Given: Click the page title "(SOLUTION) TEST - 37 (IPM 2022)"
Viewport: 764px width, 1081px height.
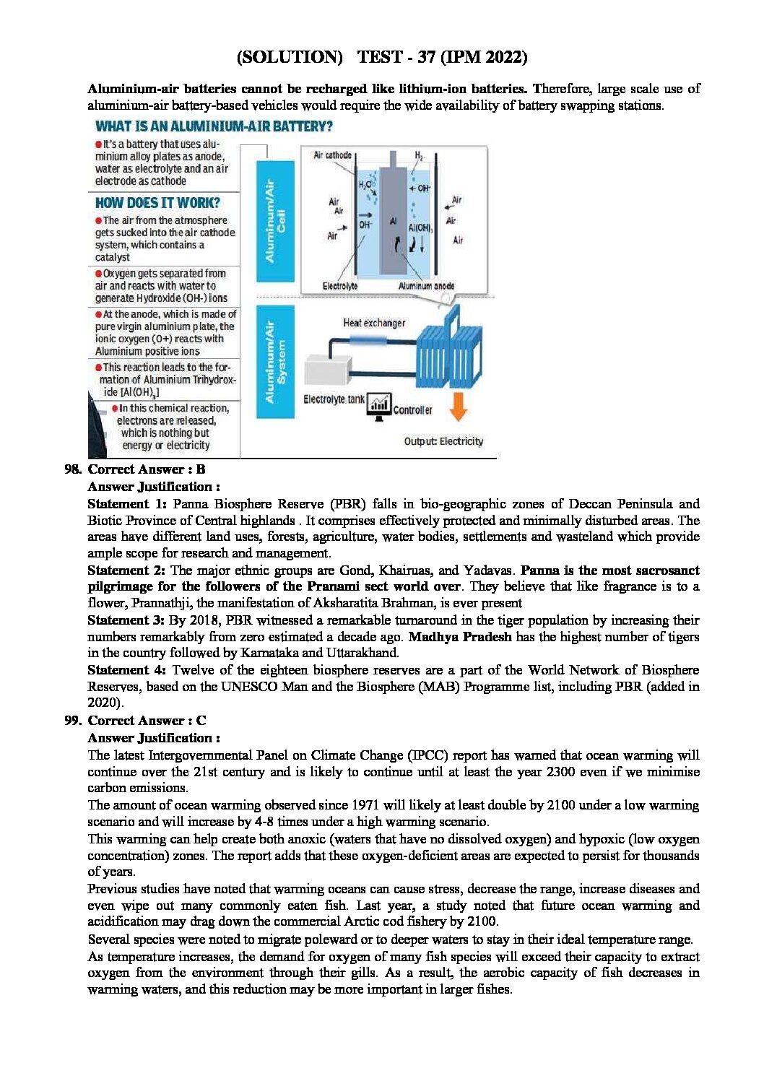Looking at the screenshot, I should [382, 57].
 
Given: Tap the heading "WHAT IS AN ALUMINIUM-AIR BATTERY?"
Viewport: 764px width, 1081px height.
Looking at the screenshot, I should [214, 126].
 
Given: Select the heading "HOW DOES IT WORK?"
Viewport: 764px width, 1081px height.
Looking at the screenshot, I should [157, 203].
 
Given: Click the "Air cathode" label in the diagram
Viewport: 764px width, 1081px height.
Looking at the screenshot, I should [332, 155].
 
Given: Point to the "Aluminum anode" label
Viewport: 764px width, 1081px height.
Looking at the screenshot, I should [426, 286].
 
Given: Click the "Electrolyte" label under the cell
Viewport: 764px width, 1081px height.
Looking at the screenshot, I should [339, 286].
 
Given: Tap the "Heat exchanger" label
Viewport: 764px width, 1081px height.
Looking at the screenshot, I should [374, 323].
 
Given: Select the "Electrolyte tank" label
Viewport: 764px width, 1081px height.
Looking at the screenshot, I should [334, 399].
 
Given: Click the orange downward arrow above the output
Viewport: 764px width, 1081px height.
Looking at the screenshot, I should [458, 406].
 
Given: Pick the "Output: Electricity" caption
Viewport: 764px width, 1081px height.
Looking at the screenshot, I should [443, 441].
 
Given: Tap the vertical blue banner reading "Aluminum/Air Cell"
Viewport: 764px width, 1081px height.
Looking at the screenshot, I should [275, 221].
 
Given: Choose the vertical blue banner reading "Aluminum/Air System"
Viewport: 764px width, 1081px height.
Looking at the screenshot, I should [275, 362].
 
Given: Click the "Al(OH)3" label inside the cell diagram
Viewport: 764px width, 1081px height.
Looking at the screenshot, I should [420, 228].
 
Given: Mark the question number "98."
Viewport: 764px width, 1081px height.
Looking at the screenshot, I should [73, 469].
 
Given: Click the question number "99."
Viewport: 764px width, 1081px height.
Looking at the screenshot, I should [73, 721].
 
